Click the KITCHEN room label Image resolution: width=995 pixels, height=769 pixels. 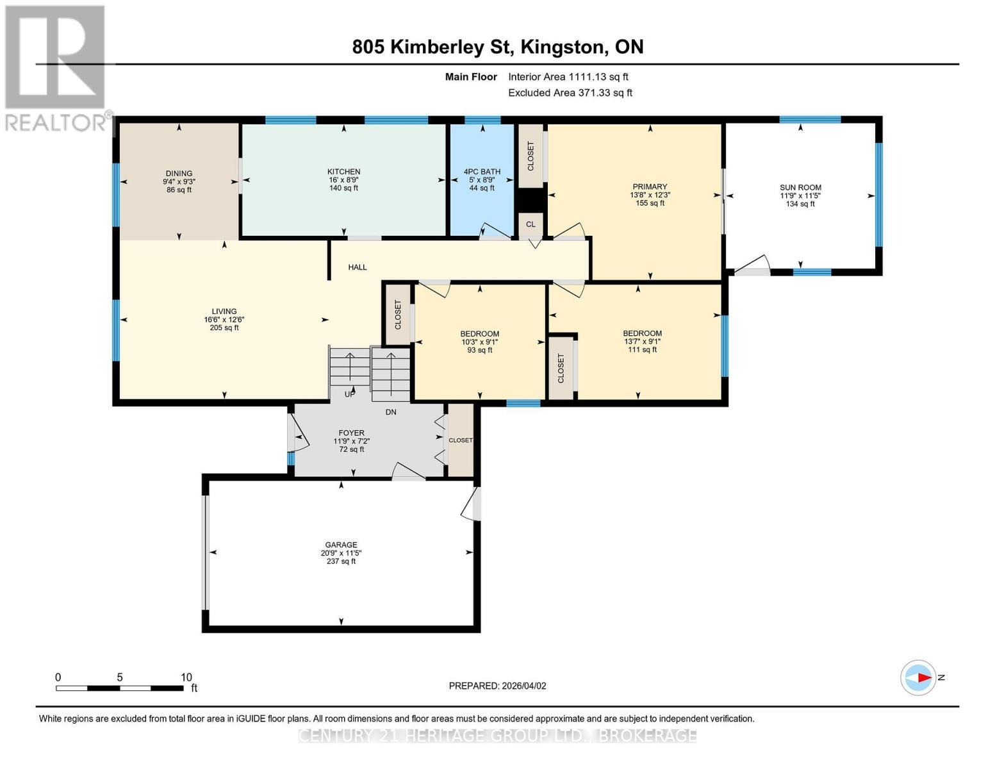point(343,172)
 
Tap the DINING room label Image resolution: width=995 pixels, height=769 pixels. point(179,174)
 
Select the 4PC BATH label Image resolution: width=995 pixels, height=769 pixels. point(482,172)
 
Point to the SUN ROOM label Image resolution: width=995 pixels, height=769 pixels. point(800,188)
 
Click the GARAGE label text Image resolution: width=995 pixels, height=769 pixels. point(341,545)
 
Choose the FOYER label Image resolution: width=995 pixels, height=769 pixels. point(352,433)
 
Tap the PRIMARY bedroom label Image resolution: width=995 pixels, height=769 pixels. point(650,187)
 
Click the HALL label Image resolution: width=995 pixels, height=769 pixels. point(358,267)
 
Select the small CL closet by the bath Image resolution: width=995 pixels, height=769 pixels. point(530,224)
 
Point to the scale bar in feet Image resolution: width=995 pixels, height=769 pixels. point(119,688)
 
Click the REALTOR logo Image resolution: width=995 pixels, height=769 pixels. point(56,67)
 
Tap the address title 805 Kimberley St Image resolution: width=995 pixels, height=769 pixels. point(497,47)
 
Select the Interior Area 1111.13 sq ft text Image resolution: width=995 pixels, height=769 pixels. point(568,77)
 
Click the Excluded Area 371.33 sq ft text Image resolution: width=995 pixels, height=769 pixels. point(570,93)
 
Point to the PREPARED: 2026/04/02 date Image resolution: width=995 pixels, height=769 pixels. point(497,686)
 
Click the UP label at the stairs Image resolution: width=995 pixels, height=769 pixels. point(350,394)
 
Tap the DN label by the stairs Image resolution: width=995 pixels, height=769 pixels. point(391,412)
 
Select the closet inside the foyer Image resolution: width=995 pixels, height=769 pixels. point(460,440)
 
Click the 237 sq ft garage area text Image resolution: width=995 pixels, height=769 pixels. point(341,561)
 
